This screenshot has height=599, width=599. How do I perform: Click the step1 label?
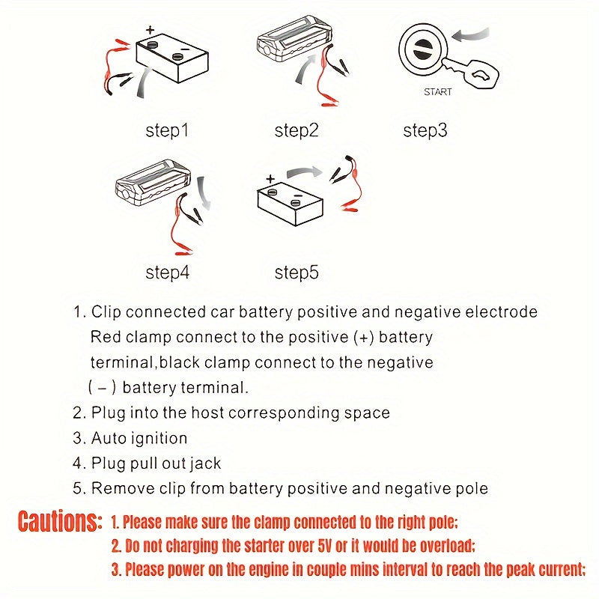[x=167, y=131]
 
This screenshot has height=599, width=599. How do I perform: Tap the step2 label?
[x=297, y=131]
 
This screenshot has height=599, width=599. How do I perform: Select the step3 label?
[x=425, y=131]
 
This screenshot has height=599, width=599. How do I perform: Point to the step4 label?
[x=167, y=273]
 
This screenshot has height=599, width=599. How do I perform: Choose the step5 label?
[x=297, y=273]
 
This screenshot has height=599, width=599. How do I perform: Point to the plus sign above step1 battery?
[x=150, y=31]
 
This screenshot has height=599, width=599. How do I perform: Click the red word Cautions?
[x=59, y=521]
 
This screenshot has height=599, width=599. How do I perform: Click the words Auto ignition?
[x=139, y=438]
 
